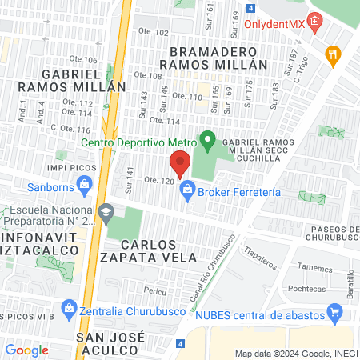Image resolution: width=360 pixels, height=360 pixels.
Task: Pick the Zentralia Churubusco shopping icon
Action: coord(68,308)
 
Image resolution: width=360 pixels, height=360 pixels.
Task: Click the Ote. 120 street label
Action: coord(159,182)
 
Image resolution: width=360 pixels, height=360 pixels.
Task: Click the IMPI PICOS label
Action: coord(71,168)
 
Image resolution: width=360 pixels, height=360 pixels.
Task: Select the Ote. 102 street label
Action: coord(153,32)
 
